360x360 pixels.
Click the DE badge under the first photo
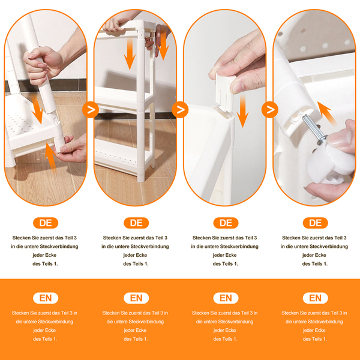pyautogui.click(x=46, y=223)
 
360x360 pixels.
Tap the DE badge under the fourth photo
pyautogui.click(x=315, y=223)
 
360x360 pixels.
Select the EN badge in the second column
pyautogui.click(x=136, y=298)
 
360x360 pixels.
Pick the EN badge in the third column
pyautogui.click(x=226, y=298)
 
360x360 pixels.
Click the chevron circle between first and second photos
pyautogui.click(x=91, y=110)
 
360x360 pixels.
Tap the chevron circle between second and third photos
pyautogui.click(x=180, y=110)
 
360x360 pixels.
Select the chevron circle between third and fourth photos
pyautogui.click(x=270, y=110)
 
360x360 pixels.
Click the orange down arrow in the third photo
pyautogui.click(x=242, y=110)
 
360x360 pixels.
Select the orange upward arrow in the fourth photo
pyautogui.click(x=326, y=113)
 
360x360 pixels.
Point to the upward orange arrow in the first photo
pyautogui.click(x=51, y=157)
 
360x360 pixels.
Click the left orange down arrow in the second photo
pyautogui.click(x=130, y=53)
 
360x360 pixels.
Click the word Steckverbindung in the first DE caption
pyautogui.click(x=59, y=247)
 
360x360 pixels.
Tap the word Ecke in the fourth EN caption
pyautogui.click(x=320, y=331)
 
